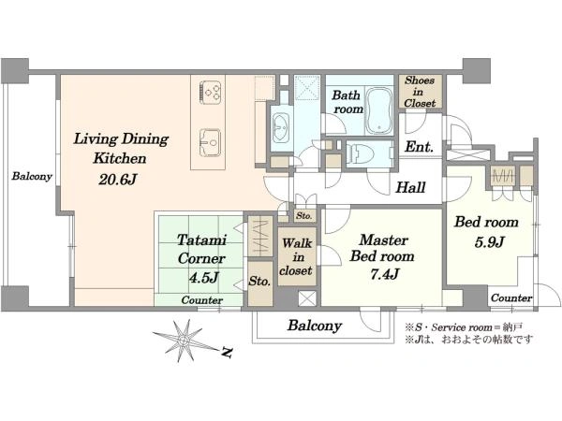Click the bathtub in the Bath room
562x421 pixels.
pos(379,110)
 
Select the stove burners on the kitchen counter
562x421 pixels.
pos(211,92)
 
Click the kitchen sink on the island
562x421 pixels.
pos(210,142)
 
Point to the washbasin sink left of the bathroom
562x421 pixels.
pos(281,128)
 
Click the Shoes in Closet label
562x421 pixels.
pos(420,92)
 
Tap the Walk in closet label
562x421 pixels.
pos(296,256)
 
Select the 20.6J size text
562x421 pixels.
pos(118,180)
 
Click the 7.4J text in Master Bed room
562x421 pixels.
pos(385,274)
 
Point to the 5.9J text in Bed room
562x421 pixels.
pos(489,242)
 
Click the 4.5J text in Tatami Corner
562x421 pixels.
pos(203,278)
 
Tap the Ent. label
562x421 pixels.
pos(419,147)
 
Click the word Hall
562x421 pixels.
pos(410,187)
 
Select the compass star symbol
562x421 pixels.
pos(184,340)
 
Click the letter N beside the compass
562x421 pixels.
pos(227,353)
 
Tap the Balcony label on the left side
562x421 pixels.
pos(32,176)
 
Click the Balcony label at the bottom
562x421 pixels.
pos(315,326)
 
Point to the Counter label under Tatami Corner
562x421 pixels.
pos(201,299)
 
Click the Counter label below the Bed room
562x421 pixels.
pos(511,298)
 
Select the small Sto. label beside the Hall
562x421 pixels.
pos(303,216)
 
